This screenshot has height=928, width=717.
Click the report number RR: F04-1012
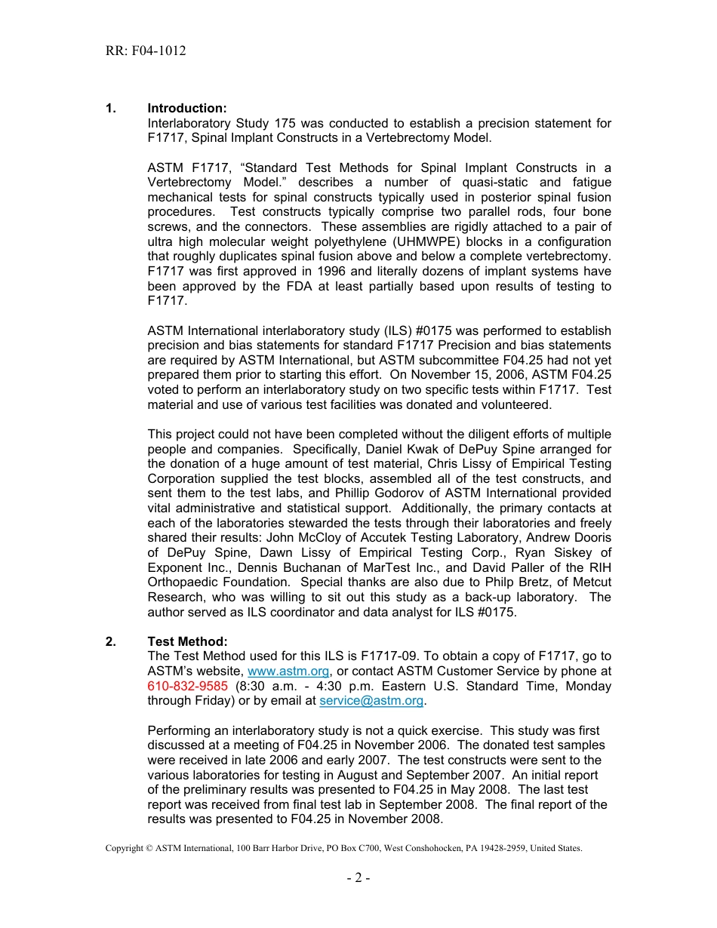(x=146, y=51)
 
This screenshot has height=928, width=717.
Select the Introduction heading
(x=187, y=109)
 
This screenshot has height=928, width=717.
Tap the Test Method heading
(x=187, y=641)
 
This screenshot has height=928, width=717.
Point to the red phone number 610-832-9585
(x=187, y=686)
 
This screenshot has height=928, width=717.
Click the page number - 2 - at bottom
(x=358, y=877)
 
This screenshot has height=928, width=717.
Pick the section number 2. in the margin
(x=111, y=641)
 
